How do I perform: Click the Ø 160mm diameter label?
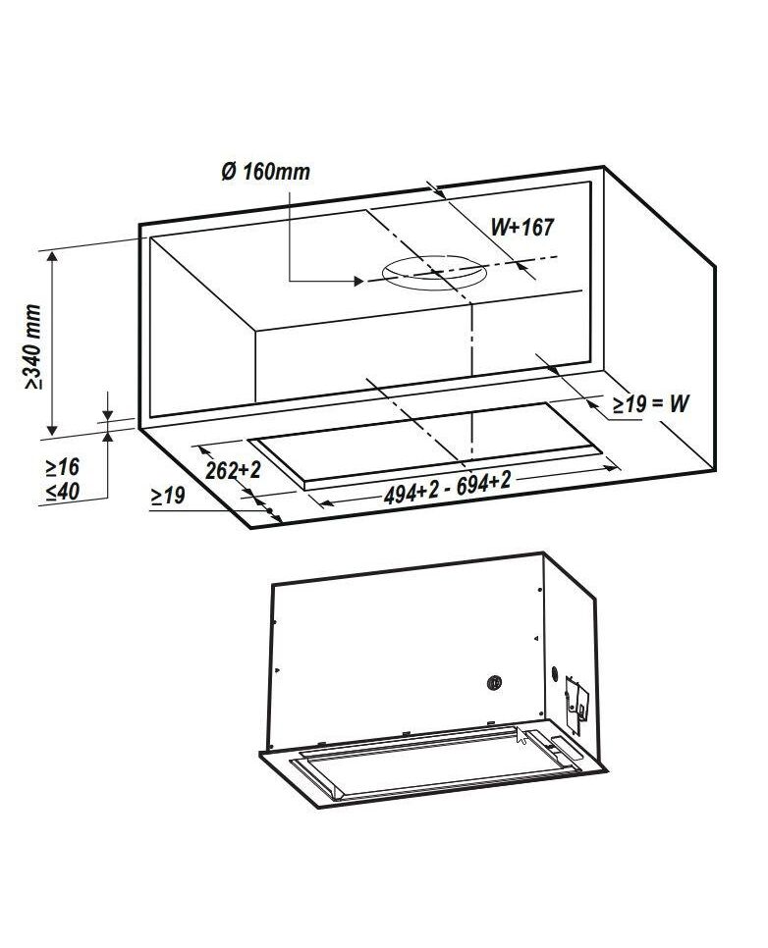pyautogui.click(x=265, y=171)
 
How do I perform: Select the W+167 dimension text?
pyautogui.click(x=521, y=227)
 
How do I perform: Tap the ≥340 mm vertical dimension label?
pyautogui.click(x=33, y=346)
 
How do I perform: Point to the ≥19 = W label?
pyautogui.click(x=650, y=403)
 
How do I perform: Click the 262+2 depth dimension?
pyautogui.click(x=233, y=470)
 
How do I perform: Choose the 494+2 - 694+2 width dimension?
pyautogui.click(x=447, y=488)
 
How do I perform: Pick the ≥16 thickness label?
pyautogui.click(x=62, y=467)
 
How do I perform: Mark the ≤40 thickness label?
pyautogui.click(x=62, y=491)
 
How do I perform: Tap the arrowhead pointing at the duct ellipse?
pyautogui.click(x=357, y=281)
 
